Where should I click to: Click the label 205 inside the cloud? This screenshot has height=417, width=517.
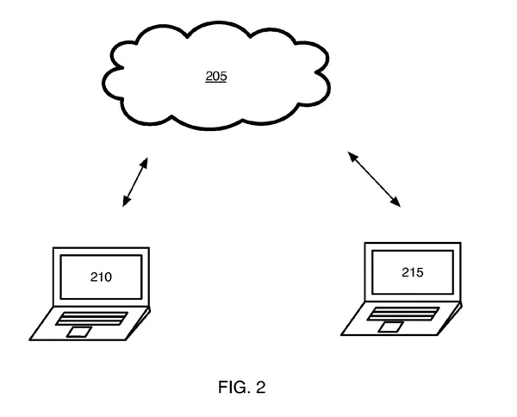(x=215, y=77)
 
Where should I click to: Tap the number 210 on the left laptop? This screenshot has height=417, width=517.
(x=102, y=277)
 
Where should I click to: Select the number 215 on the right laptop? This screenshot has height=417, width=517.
(x=413, y=272)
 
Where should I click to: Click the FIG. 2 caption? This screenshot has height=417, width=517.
(x=242, y=388)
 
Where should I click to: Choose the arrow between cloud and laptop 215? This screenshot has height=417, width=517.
(x=374, y=179)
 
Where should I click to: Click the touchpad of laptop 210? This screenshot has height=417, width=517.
(x=80, y=332)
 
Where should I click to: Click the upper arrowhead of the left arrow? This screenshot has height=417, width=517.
(x=146, y=159)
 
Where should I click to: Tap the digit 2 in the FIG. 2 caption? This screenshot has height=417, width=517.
(x=261, y=388)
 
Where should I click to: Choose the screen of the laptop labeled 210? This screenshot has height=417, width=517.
(x=101, y=277)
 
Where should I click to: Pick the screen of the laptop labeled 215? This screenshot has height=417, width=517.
(x=413, y=272)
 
